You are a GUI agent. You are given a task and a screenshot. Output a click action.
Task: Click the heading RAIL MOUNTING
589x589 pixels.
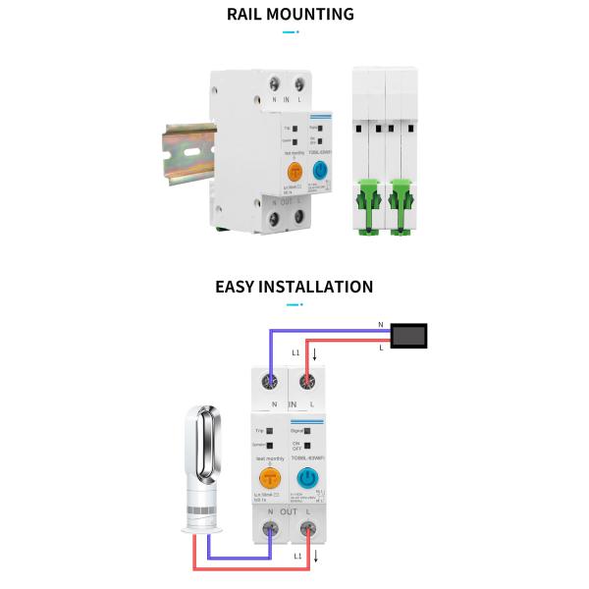click(x=291, y=15)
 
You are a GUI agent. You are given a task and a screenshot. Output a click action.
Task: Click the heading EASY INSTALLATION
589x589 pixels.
click(x=294, y=287)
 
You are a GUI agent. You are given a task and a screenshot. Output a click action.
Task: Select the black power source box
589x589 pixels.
click(x=409, y=336)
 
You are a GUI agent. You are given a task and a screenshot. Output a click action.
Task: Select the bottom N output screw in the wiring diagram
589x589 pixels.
click(x=270, y=532)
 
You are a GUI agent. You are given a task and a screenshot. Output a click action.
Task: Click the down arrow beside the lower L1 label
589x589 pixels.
click(x=315, y=557)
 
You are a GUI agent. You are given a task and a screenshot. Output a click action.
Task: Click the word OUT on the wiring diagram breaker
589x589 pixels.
click(x=289, y=512)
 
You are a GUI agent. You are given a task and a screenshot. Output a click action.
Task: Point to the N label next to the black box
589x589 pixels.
click(x=381, y=324)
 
